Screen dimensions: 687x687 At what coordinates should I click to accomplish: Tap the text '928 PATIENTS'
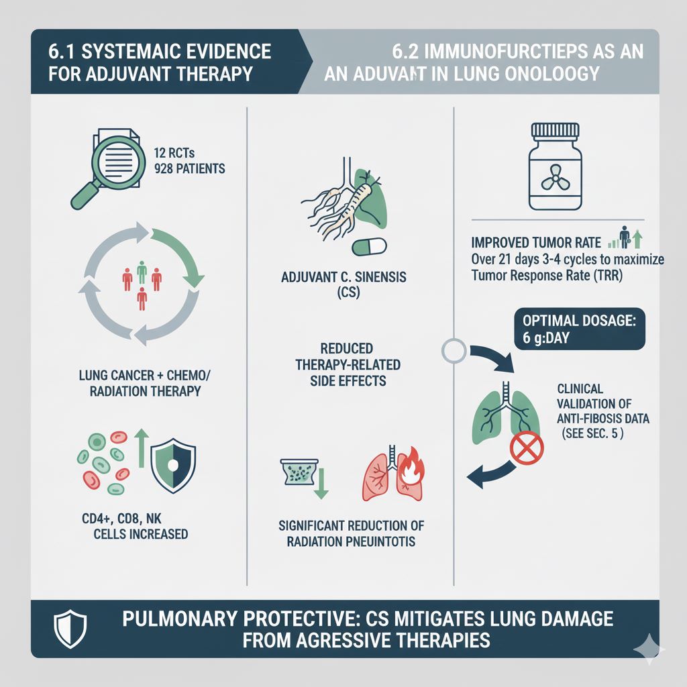point(189,168)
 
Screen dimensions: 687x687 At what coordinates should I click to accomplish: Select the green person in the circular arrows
point(142,272)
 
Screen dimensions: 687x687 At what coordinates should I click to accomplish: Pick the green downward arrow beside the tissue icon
point(320,483)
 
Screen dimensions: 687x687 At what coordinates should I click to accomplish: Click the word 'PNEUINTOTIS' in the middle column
point(374,541)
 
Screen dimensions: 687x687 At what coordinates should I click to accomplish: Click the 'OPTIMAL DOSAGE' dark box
point(578,329)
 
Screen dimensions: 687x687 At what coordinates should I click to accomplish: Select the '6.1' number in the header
point(61,52)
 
